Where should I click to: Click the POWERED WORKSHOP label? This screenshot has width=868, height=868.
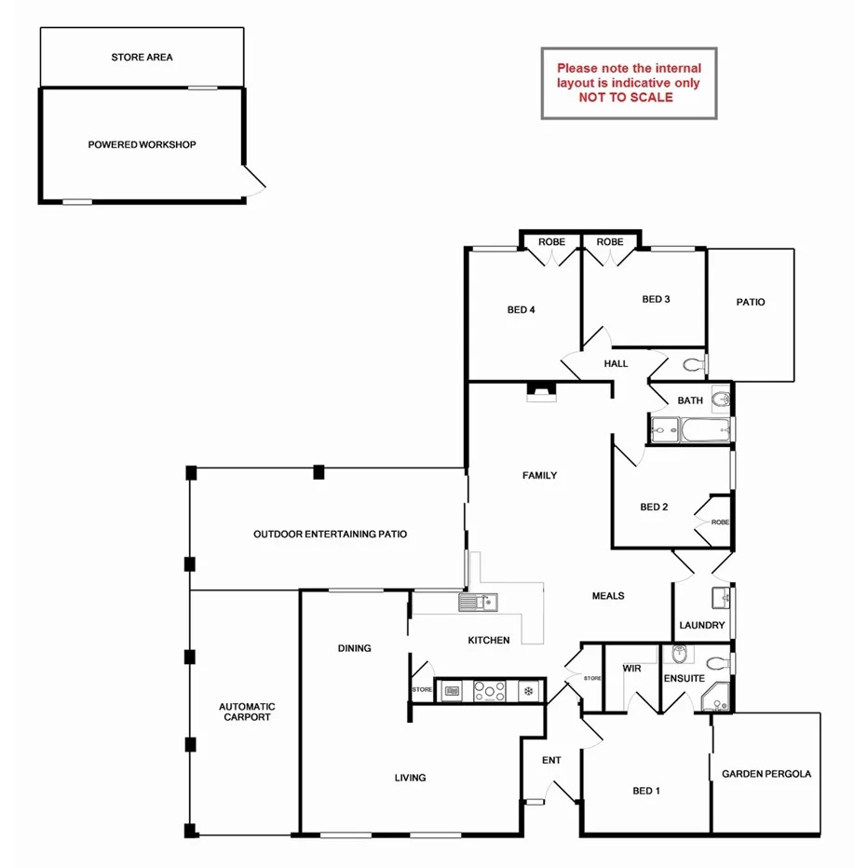[x=142, y=145]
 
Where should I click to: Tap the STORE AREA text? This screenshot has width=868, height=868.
[x=142, y=58]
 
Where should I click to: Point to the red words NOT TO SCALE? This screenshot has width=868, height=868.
[x=625, y=97]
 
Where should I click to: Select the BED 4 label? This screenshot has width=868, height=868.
[x=521, y=310]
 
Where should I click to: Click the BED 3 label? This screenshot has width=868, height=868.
[x=656, y=299]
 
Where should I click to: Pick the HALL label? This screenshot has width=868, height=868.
[x=616, y=364]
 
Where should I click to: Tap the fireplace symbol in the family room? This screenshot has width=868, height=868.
[x=540, y=392]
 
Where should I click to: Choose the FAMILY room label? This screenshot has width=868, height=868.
[x=539, y=476]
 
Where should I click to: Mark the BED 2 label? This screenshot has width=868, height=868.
[x=654, y=508]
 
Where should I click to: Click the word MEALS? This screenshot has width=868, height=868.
[x=608, y=596]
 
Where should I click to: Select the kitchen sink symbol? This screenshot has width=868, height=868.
[x=479, y=604]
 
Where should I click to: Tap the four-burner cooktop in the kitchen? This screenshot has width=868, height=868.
[x=490, y=692]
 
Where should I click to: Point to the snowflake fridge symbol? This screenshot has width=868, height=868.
[x=527, y=692]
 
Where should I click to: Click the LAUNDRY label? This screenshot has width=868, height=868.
[x=701, y=626]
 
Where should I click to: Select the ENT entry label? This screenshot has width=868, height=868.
[x=551, y=761]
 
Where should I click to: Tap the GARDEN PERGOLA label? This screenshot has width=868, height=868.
[x=766, y=774]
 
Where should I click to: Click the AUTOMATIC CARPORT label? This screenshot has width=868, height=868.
[x=247, y=712]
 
